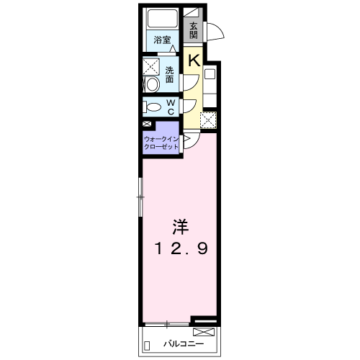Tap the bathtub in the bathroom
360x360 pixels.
[x=162, y=19]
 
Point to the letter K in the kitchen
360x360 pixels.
[x=193, y=60]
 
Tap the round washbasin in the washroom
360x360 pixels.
[x=153, y=84]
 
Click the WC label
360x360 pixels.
[x=171, y=107]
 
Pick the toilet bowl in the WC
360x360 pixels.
[x=153, y=107]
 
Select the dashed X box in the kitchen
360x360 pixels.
[x=208, y=121]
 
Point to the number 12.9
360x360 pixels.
[x=180, y=250]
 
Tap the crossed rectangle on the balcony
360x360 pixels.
[x=204, y=332]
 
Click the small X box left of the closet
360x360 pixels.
[x=147, y=125]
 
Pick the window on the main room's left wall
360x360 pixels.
[x=141, y=195]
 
